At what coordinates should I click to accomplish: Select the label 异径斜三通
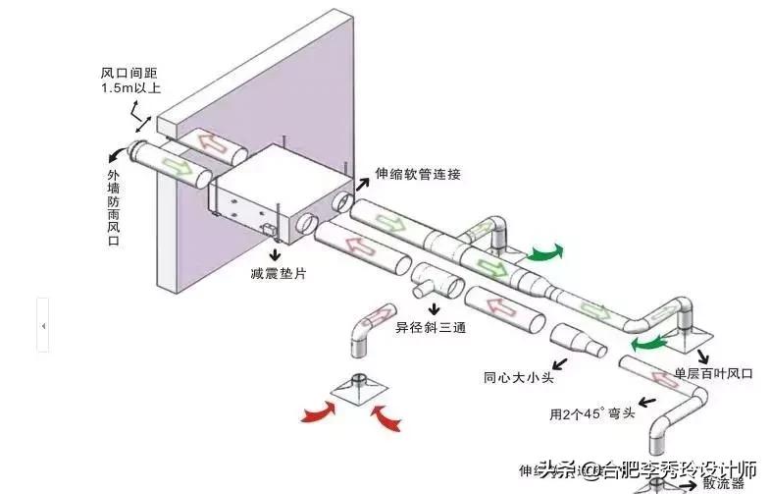[x=429, y=326]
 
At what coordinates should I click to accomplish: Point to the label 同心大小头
[x=517, y=375]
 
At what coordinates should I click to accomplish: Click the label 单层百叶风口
[x=713, y=374]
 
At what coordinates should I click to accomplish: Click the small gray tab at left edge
[x=42, y=323]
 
